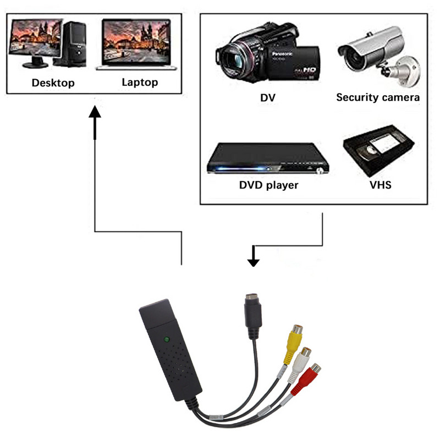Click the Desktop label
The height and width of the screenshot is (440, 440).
coord(53,83)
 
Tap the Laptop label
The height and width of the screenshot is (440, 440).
coord(139,82)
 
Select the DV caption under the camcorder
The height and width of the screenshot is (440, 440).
coord(268,98)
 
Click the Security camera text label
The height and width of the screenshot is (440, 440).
coord(378,97)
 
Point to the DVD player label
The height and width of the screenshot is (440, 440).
coord(268,185)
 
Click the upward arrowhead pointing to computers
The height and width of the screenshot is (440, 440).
coord(95,111)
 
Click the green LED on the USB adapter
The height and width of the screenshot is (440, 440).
coord(166,339)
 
